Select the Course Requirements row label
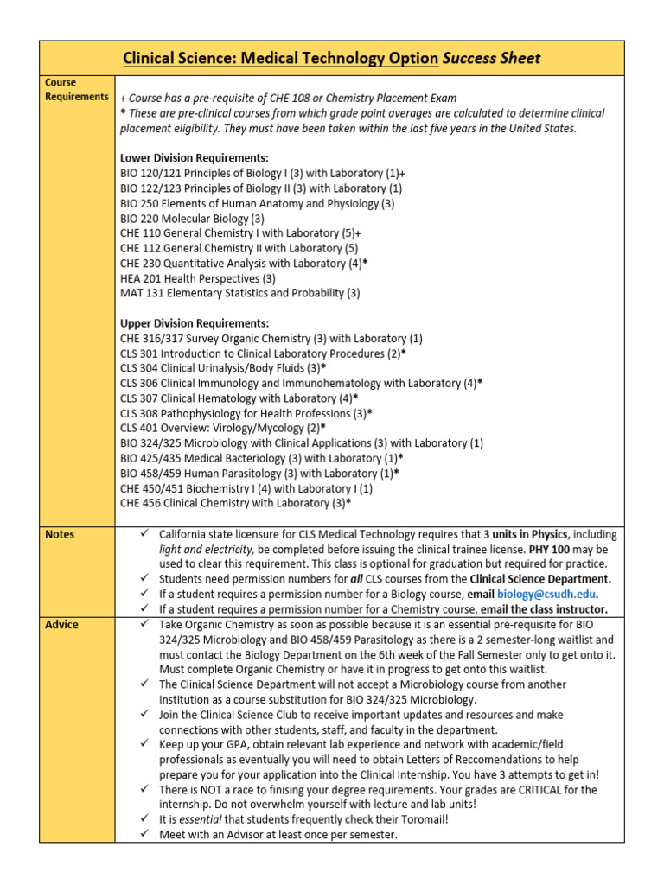pyautogui.click(x=76, y=90)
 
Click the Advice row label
pyautogui.click(x=61, y=625)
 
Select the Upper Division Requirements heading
pyautogui.click(x=195, y=323)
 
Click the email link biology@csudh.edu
pyautogui.click(x=547, y=595)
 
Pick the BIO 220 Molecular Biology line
pyautogui.click(x=192, y=219)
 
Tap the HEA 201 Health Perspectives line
pyautogui.click(x=197, y=277)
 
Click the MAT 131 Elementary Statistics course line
pyautogui.click(x=239, y=293)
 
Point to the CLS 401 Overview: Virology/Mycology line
pyautogui.click(x=223, y=428)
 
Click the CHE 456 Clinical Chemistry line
pyautogui.click(x=235, y=503)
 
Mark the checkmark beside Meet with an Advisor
pyautogui.click(x=144, y=835)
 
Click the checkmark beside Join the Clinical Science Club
pyautogui.click(x=144, y=715)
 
